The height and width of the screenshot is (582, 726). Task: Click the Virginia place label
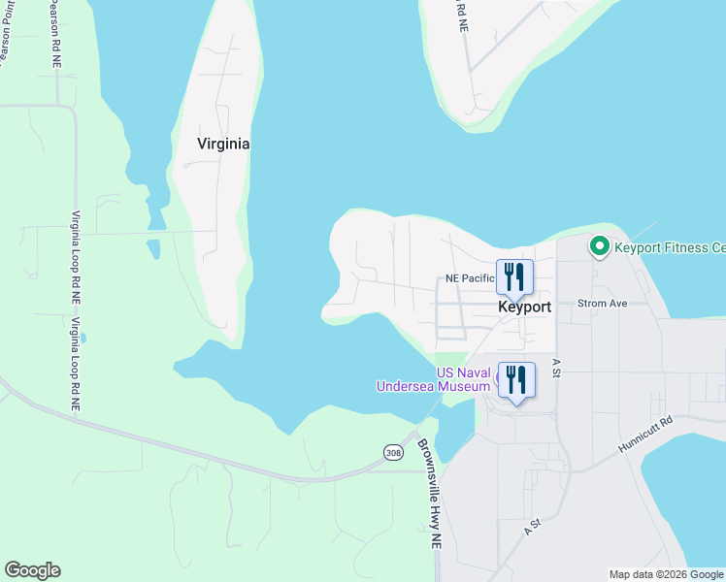pos(223,144)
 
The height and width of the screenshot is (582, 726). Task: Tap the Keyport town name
pos(524,307)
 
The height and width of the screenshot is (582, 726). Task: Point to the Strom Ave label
pos(603,304)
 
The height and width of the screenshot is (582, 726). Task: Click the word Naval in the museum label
pos(472,372)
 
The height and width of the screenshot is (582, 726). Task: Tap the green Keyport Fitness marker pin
pos(600,247)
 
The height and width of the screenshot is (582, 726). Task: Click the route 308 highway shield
pos(392,452)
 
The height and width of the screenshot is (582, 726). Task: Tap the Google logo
pos(32,570)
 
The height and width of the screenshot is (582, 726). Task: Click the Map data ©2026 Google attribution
pos(666,574)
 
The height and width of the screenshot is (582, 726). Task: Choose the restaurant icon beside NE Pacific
pos(514,277)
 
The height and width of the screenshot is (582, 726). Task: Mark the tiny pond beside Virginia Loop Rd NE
pos(84,339)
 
